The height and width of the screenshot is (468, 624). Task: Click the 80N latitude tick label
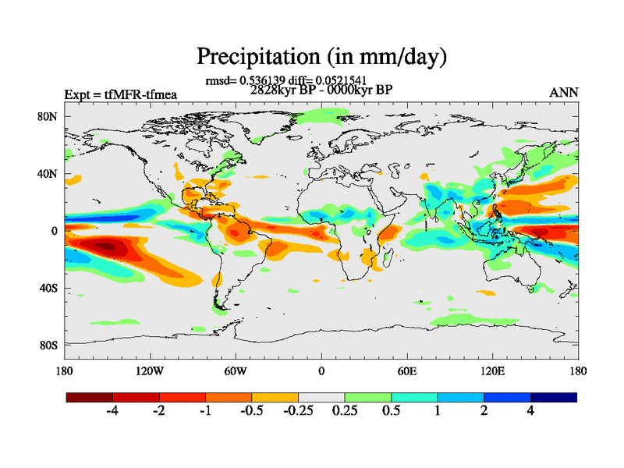coord(50,116)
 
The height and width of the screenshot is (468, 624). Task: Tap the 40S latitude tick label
coord(50,288)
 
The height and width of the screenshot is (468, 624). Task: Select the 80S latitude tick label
coord(50,345)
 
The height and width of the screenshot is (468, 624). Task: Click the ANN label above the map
coord(564,93)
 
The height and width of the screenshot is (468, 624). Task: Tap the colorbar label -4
coord(112,412)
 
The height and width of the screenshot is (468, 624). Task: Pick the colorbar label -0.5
coord(252,412)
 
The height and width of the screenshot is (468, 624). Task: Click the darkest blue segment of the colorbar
coord(554,397)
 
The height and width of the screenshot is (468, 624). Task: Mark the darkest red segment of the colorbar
coord(90,397)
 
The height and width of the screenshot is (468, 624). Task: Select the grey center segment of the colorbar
coord(321,397)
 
